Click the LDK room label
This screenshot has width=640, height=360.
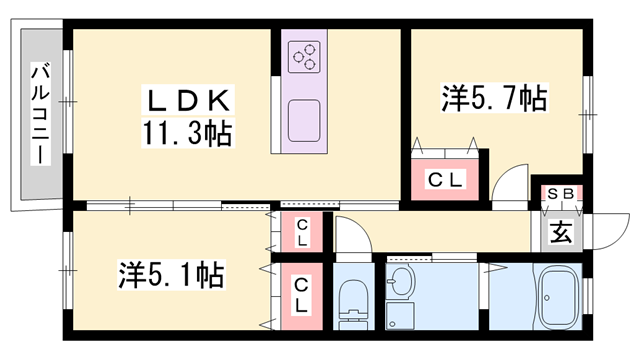click(188, 100)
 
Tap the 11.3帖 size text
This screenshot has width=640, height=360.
click(187, 133)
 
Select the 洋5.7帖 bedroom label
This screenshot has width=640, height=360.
click(494, 98)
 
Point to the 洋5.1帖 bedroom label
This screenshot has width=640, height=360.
click(171, 275)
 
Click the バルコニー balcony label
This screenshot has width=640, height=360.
click(41, 113)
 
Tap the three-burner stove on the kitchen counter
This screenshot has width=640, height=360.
click(304, 57)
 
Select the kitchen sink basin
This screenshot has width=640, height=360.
click(304, 121)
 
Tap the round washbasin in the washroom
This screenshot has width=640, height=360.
click(400, 282)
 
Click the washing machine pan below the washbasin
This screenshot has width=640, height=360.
click(400, 316)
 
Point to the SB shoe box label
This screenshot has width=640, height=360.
click(560, 193)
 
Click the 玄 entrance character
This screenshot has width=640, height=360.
click(561, 232)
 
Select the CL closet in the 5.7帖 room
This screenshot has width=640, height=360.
click(445, 180)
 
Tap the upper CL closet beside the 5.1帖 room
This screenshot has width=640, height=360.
click(302, 232)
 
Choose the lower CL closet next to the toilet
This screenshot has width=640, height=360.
click(301, 296)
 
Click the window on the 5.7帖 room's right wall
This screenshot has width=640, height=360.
click(587, 115)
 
